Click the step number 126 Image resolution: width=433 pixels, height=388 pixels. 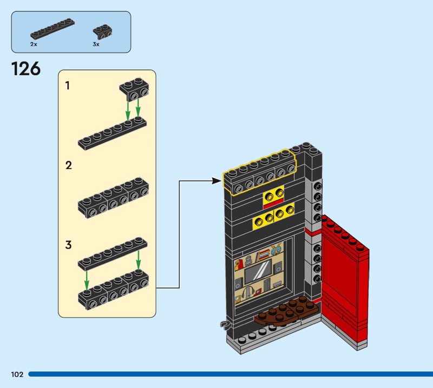click(x=26, y=69)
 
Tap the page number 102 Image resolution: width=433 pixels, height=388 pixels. click(x=17, y=374)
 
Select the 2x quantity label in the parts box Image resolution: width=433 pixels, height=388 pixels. click(x=34, y=44)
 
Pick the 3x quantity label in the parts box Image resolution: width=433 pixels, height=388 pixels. click(x=96, y=44)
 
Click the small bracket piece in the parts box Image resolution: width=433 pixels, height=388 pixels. click(x=102, y=32)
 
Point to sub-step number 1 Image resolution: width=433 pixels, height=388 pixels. click(x=67, y=85)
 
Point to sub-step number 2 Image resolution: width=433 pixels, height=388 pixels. click(x=69, y=165)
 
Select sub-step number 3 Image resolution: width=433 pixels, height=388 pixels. click(x=69, y=245)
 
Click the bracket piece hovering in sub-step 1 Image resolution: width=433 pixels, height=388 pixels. click(x=134, y=89)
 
